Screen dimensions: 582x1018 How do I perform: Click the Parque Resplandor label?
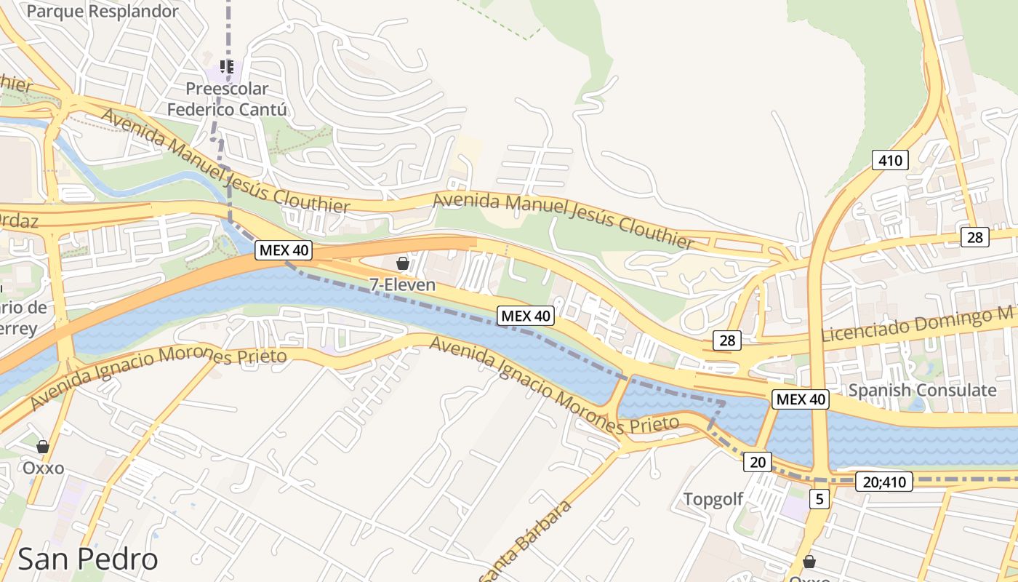(102, 12)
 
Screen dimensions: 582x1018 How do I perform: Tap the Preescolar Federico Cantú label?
(227, 100)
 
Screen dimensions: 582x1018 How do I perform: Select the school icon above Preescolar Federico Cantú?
(226, 67)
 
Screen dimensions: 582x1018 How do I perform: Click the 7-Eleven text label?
(403, 285)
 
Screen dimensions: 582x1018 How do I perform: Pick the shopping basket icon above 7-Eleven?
(403, 263)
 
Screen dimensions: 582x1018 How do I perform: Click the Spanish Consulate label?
(923, 390)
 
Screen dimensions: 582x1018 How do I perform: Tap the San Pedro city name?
(87, 559)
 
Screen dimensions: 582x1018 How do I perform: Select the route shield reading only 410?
(890, 160)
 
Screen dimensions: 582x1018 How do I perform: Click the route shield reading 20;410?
(883, 482)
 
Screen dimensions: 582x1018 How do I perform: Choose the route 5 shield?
(820, 499)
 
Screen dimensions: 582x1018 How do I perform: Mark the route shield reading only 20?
(758, 461)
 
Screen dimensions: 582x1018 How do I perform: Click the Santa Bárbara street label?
(525, 542)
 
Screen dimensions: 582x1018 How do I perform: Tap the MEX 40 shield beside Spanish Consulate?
(801, 399)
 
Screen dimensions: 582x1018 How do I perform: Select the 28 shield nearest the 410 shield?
(974, 236)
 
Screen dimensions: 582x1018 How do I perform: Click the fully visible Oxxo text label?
(44, 468)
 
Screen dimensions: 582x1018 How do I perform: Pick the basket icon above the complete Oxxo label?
(43, 446)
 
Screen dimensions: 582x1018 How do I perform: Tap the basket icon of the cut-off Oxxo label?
(809, 562)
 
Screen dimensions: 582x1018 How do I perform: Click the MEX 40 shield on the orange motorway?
(284, 251)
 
